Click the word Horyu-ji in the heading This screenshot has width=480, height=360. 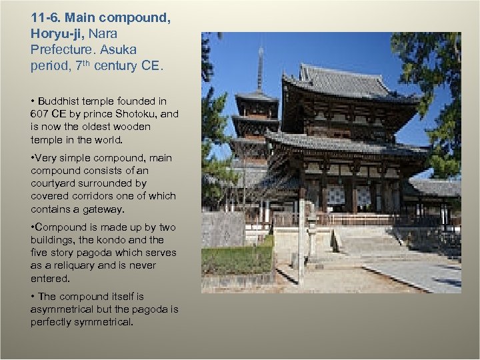(54, 33)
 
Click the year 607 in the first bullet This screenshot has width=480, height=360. (40, 114)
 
